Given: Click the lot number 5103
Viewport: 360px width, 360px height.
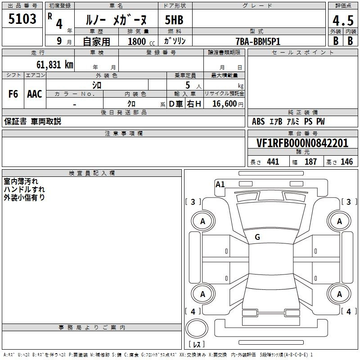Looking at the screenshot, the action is [x=22, y=18].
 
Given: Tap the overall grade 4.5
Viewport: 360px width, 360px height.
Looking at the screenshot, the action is [x=343, y=20].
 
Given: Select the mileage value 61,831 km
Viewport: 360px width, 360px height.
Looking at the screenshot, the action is [x=55, y=65].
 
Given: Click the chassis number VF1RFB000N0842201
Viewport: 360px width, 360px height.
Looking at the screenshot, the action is [x=302, y=143].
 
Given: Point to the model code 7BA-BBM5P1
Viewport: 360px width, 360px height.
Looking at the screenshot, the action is [x=258, y=41].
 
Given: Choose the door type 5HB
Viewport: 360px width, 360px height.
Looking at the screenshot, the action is [x=174, y=20].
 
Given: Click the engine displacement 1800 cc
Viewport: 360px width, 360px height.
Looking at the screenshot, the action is [x=141, y=41].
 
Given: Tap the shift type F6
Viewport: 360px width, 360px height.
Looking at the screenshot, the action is [x=13, y=94].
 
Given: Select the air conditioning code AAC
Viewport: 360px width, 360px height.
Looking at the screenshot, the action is [x=35, y=94].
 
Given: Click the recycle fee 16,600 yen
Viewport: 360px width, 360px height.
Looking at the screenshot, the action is [x=228, y=104].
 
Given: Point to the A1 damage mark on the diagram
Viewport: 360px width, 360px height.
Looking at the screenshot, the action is [x=220, y=184].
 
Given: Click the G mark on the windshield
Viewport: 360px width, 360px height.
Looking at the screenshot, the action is [x=257, y=237].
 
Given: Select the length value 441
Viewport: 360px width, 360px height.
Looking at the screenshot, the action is [x=273, y=162].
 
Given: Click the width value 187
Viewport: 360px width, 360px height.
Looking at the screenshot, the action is [x=310, y=162].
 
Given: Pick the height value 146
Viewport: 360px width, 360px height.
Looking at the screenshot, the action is [x=346, y=162].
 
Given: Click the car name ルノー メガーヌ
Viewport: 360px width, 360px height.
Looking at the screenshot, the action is [x=116, y=20].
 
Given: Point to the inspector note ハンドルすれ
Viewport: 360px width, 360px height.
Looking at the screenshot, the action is [x=24, y=189].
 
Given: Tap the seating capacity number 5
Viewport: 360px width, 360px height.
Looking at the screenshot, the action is [x=188, y=85].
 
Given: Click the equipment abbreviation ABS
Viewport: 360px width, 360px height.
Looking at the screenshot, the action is [x=258, y=121].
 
